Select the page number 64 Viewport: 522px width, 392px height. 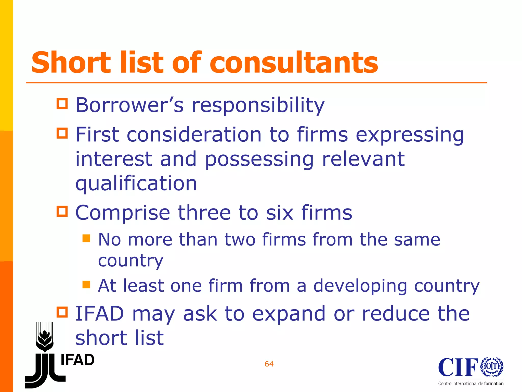click(x=269, y=364)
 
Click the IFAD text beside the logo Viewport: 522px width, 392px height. click(x=77, y=360)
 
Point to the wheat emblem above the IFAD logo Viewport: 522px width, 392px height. click(x=45, y=337)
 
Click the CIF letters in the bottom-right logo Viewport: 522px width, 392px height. click(x=458, y=367)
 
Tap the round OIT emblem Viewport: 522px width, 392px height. click(x=492, y=367)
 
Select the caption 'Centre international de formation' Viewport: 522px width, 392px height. click(x=471, y=384)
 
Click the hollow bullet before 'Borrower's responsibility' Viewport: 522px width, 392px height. click(x=62, y=104)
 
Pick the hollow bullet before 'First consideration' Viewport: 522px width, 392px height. click(x=62, y=133)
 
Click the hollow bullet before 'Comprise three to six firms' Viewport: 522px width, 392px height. click(x=62, y=211)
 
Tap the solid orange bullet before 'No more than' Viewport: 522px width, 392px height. click(x=86, y=238)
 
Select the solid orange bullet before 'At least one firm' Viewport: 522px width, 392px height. click(x=86, y=284)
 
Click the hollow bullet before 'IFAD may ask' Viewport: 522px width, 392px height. click(x=62, y=312)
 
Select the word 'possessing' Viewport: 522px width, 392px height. click(x=259, y=159)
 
